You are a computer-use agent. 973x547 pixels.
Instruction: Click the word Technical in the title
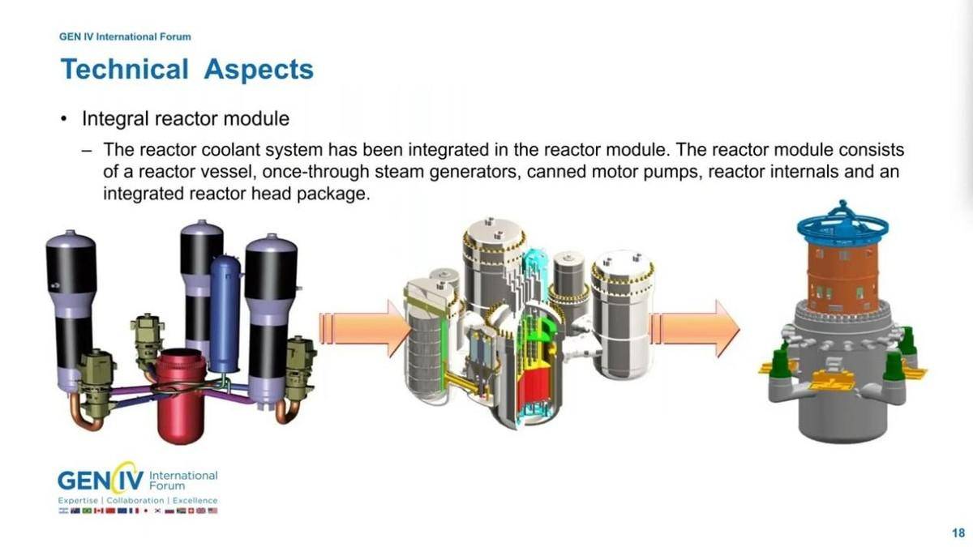[x=125, y=69]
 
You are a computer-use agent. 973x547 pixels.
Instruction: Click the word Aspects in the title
[x=259, y=70]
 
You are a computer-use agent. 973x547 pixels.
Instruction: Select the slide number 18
[x=958, y=533]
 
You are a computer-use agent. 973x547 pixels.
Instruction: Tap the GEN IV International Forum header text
[x=125, y=37]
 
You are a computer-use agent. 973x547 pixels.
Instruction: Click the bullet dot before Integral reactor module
[x=64, y=119]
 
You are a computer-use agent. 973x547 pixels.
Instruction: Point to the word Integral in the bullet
[x=115, y=119]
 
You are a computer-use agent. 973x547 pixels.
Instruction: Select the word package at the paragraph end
[x=333, y=194]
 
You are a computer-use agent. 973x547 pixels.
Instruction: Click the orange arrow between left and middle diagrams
[x=364, y=329]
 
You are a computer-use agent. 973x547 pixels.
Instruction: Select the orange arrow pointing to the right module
[x=695, y=329]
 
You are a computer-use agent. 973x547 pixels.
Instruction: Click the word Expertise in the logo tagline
[x=78, y=501]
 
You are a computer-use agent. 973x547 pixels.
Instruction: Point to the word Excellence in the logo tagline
[x=195, y=501]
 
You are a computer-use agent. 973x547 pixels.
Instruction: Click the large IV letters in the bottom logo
[x=131, y=481]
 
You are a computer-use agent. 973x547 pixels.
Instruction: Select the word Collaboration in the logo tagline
[x=135, y=501]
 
